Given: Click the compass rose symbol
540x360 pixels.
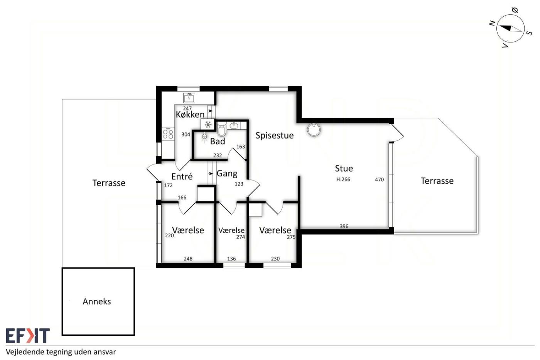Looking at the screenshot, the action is [511, 29].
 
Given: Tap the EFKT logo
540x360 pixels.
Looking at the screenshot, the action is [28, 335].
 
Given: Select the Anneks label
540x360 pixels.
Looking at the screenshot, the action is [97, 301].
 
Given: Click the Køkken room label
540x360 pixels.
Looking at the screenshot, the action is [190, 114].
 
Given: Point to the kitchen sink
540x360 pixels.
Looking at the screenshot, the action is [189, 98].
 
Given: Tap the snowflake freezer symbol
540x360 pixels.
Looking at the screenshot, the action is [208, 125].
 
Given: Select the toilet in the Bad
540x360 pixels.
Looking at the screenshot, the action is [221, 129].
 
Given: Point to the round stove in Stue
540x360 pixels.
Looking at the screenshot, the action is [314, 130].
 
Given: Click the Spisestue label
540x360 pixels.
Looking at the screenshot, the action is [275, 135].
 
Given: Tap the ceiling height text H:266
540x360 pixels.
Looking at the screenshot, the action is [343, 179].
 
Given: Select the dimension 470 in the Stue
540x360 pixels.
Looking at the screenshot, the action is [379, 179].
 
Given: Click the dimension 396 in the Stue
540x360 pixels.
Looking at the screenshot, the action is [344, 226].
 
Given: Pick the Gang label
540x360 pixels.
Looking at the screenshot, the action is [227, 173].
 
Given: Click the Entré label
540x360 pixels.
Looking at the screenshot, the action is [182, 176].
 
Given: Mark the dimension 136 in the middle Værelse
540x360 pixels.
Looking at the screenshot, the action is [231, 259].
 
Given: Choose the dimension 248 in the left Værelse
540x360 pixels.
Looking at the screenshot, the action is [188, 259].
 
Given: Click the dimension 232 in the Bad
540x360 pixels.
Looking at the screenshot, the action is [218, 155].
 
